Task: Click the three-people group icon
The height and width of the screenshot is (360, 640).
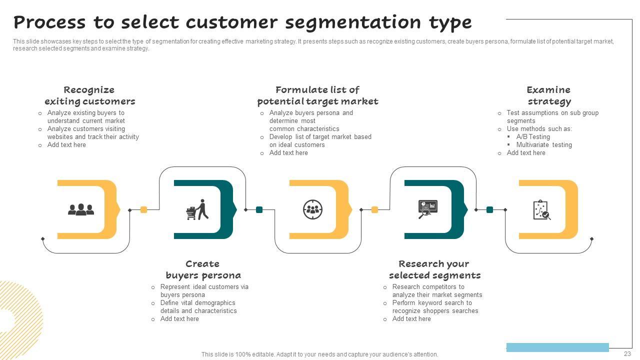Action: (81, 209)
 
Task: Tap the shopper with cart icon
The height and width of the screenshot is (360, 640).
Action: (197, 210)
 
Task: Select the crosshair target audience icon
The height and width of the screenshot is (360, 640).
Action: (313, 209)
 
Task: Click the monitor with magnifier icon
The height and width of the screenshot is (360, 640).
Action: (427, 209)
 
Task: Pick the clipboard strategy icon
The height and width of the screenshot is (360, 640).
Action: (541, 210)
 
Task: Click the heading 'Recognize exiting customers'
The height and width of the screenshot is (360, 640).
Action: (89, 95)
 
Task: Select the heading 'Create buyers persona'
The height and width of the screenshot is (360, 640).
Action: (203, 269)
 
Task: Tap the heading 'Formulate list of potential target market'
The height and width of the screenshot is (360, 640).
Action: (317, 95)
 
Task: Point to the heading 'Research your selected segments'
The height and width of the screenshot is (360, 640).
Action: (434, 269)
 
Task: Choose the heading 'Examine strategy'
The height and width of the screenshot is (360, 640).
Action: (548, 95)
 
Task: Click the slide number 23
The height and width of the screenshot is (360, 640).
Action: (627, 353)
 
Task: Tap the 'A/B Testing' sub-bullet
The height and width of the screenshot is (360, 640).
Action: (533, 137)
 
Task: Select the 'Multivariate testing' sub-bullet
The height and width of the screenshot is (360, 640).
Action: (544, 145)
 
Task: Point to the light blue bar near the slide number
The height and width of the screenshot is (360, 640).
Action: (557, 347)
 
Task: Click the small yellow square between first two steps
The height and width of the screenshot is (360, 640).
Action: (144, 210)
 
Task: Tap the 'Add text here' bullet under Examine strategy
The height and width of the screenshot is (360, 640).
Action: (526, 153)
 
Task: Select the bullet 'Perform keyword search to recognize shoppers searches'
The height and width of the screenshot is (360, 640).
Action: (435, 307)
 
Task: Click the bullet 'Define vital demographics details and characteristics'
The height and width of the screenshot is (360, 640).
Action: (198, 307)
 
